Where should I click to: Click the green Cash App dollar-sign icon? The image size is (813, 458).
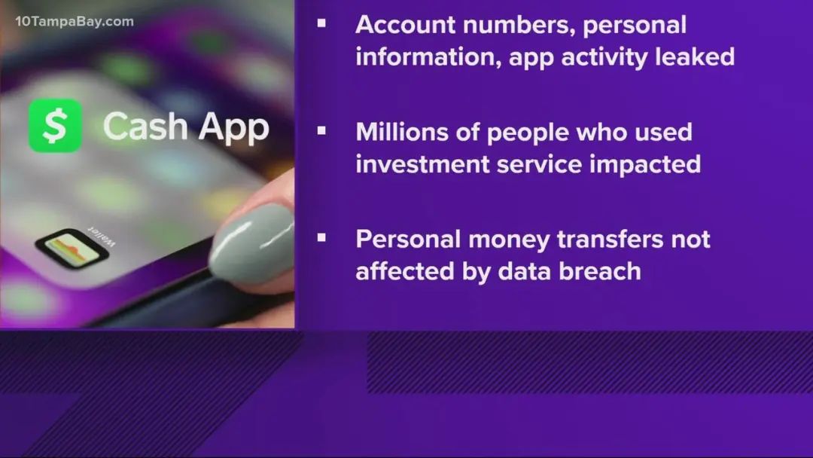tap(55, 126)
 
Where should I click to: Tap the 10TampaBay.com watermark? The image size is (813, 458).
tap(75, 21)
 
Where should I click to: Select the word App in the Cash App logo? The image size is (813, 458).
tap(234, 129)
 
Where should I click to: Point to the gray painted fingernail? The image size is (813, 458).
tap(252, 243)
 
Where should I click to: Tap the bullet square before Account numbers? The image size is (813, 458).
tap(321, 23)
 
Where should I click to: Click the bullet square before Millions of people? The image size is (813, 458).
tap(321, 131)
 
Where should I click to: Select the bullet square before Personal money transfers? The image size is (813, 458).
tap(321, 237)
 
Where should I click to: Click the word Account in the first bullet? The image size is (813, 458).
tap(406, 25)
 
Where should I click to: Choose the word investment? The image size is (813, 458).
tap(422, 164)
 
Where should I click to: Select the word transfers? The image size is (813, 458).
tap(611, 240)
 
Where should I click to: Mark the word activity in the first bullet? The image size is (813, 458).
tap(604, 57)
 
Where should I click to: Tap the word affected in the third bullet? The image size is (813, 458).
tap(405, 271)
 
